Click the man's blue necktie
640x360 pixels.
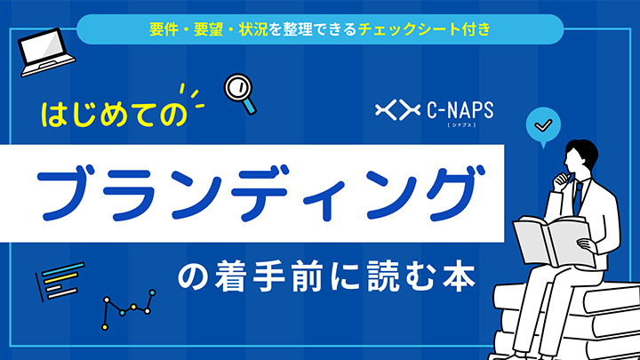click(578, 196)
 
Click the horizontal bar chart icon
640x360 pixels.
click(57, 284)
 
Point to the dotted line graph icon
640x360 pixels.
click(130, 307)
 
